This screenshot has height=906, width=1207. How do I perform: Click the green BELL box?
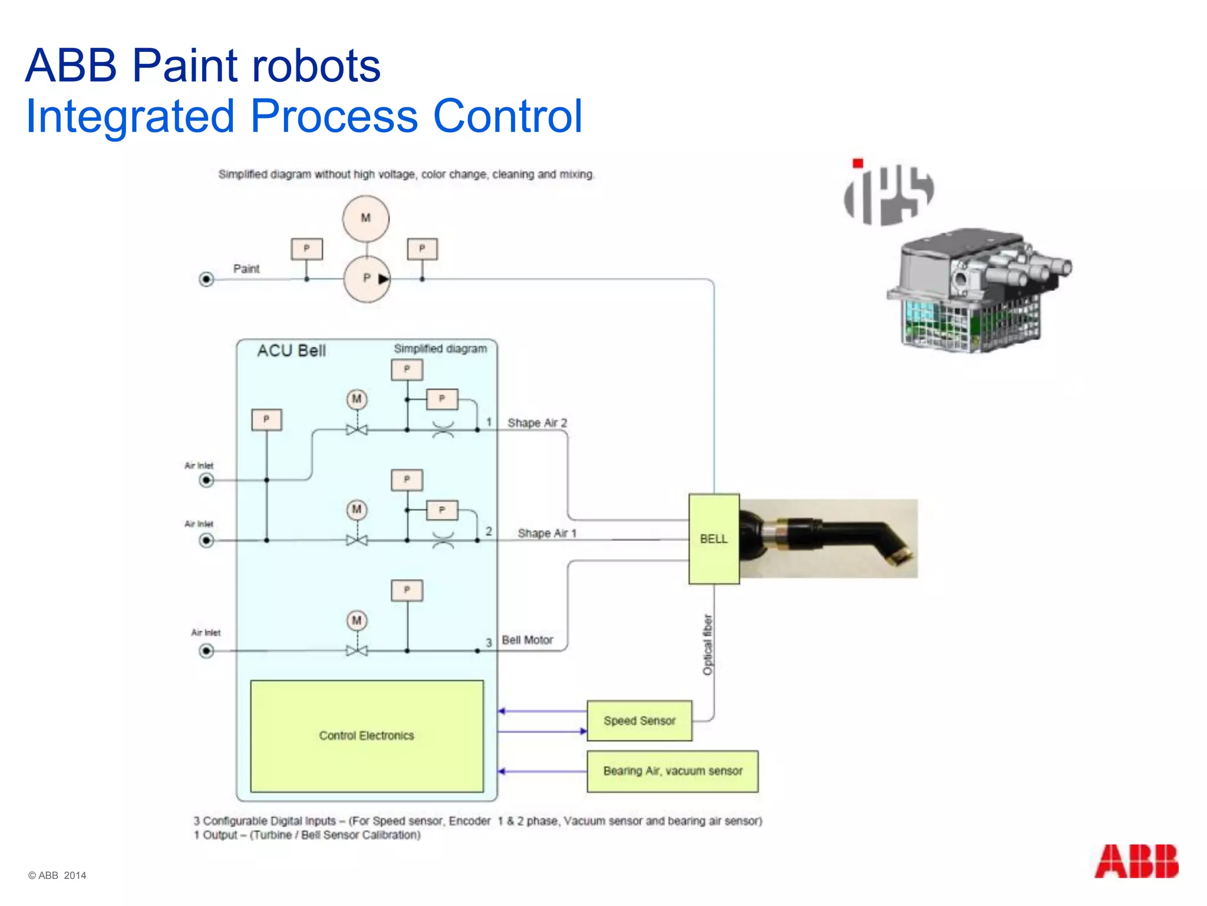[714, 539]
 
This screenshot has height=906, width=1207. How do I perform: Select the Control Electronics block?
[367, 736]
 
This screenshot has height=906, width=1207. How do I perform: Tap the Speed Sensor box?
[639, 720]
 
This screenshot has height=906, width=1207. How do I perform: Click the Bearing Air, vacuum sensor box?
[672, 771]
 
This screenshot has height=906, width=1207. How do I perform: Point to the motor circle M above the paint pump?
[366, 218]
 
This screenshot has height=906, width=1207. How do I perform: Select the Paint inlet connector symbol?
[206, 279]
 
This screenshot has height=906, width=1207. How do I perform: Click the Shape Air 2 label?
[537, 423]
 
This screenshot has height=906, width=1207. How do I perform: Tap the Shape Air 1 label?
[547, 533]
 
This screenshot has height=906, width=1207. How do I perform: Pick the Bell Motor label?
[527, 640]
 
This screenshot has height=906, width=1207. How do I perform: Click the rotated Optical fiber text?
[708, 645]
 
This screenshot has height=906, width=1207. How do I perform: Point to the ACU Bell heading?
[291, 351]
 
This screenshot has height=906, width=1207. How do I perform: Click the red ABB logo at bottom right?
[1136, 861]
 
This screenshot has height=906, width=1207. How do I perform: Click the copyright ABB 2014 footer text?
[57, 875]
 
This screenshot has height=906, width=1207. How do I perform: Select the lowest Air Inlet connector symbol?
[206, 651]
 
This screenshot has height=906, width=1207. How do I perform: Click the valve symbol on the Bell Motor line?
[357, 651]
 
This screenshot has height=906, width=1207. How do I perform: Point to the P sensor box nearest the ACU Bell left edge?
[266, 419]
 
